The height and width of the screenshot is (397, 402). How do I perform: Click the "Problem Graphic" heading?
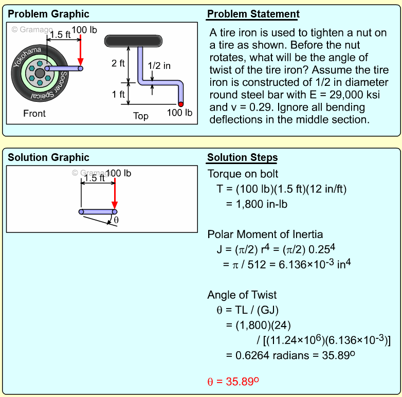point(48,14)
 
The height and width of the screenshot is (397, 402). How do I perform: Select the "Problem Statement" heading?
point(253,14)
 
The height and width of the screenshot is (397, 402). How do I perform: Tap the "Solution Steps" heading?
point(242,157)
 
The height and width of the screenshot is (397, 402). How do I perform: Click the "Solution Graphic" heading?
point(48,157)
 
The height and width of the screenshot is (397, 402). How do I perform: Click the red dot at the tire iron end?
point(181,104)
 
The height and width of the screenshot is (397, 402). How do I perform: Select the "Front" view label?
point(34,114)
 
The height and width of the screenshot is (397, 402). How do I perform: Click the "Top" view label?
point(141,116)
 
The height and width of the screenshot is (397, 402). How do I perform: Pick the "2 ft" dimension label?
point(118,64)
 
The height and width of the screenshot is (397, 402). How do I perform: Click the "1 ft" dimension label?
point(118,94)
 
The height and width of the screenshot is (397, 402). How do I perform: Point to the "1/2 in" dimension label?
point(159,66)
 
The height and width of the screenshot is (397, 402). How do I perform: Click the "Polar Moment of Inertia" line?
point(265,234)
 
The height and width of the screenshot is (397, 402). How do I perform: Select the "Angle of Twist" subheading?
point(242,295)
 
